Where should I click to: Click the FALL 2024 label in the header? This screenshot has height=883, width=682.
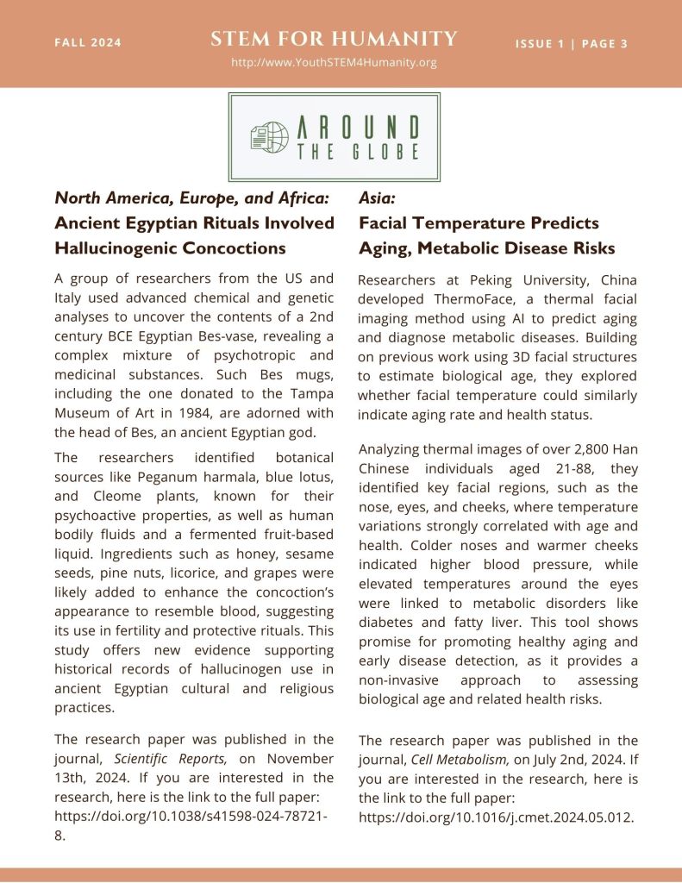pyautogui.click(x=88, y=43)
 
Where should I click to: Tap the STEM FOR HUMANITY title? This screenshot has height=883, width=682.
pyautogui.click(x=334, y=39)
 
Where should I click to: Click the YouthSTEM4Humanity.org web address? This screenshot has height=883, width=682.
pyautogui.click(x=335, y=63)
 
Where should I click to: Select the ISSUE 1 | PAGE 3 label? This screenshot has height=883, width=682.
pyautogui.click(x=572, y=44)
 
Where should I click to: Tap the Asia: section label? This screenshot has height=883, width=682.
pyautogui.click(x=379, y=198)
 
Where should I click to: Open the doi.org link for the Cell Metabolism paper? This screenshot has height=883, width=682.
pyautogui.click(x=496, y=817)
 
